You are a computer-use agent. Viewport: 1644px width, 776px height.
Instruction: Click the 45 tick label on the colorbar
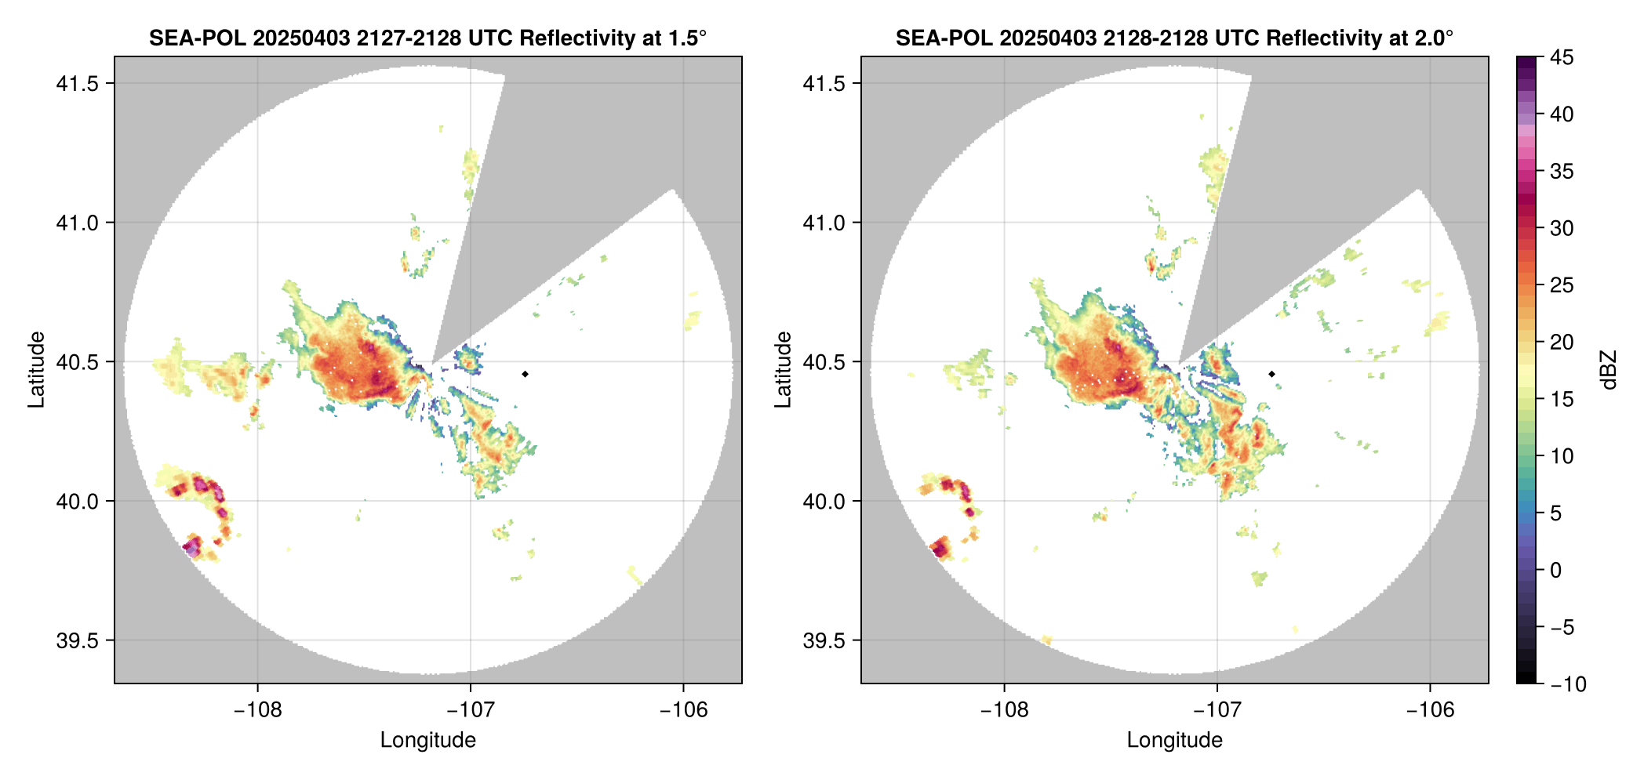point(1561,57)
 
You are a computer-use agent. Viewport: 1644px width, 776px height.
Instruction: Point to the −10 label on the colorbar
point(1567,684)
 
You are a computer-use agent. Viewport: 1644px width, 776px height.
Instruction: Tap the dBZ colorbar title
point(1609,370)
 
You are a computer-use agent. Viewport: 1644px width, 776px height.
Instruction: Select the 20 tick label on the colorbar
point(1561,342)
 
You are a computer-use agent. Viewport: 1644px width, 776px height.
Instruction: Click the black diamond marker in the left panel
point(525,374)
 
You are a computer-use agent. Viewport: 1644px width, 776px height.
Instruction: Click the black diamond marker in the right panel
point(1271,374)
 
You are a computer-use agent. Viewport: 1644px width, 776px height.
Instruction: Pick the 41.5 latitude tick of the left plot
point(77,84)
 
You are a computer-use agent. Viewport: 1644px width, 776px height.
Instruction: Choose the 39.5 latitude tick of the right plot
point(824,640)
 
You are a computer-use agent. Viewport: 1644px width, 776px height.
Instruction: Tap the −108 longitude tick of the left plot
point(257,710)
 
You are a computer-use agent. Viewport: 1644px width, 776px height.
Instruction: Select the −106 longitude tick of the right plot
point(1430,710)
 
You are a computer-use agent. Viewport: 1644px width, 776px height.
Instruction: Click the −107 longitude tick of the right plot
point(1217,710)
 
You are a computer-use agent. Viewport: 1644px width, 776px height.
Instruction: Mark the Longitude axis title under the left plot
point(428,740)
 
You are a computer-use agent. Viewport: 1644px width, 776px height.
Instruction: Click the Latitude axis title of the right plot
point(783,370)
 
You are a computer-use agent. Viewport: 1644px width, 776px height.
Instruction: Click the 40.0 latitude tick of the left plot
point(77,501)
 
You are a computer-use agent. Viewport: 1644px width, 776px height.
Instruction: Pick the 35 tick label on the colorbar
point(1561,171)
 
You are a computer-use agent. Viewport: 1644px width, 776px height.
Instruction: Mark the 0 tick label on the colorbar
point(1556,570)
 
